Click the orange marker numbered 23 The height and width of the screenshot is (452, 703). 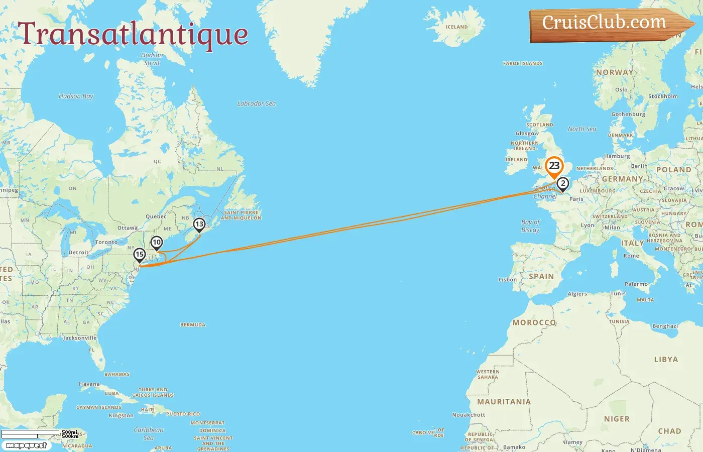[554, 166]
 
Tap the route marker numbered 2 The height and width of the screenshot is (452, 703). [563, 184]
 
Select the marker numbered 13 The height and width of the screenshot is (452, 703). [199, 224]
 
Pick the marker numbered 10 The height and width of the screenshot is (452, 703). [157, 243]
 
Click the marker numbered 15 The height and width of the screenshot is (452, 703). [140, 255]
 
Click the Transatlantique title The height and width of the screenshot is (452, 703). [133, 34]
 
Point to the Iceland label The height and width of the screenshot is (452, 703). [456, 27]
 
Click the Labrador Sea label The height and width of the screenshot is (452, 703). [256, 103]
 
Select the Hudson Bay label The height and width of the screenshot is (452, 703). [76, 96]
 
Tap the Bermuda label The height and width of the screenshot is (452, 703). [193, 325]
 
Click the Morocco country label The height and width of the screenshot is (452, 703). [534, 322]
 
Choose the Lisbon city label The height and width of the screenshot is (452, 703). [507, 280]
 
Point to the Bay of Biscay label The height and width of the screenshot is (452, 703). [530, 226]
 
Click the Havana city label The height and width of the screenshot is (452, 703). [89, 384]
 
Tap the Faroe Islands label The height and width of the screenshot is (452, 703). [523, 64]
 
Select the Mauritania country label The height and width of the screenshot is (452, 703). [504, 402]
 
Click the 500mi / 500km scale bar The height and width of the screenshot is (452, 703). [39, 434]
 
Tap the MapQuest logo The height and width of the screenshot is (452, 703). [26, 445]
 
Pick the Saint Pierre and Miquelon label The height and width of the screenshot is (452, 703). [241, 215]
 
